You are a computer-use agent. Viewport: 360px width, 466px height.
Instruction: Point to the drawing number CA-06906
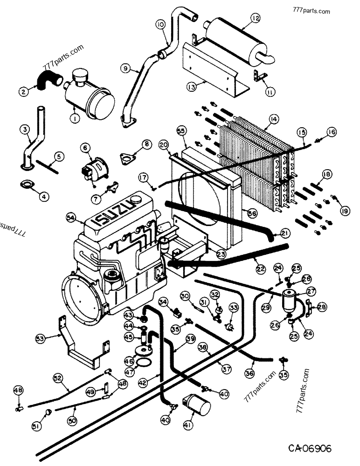pos(309,449)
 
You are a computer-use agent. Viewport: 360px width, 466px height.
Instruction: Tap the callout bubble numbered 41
pos(187,425)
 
